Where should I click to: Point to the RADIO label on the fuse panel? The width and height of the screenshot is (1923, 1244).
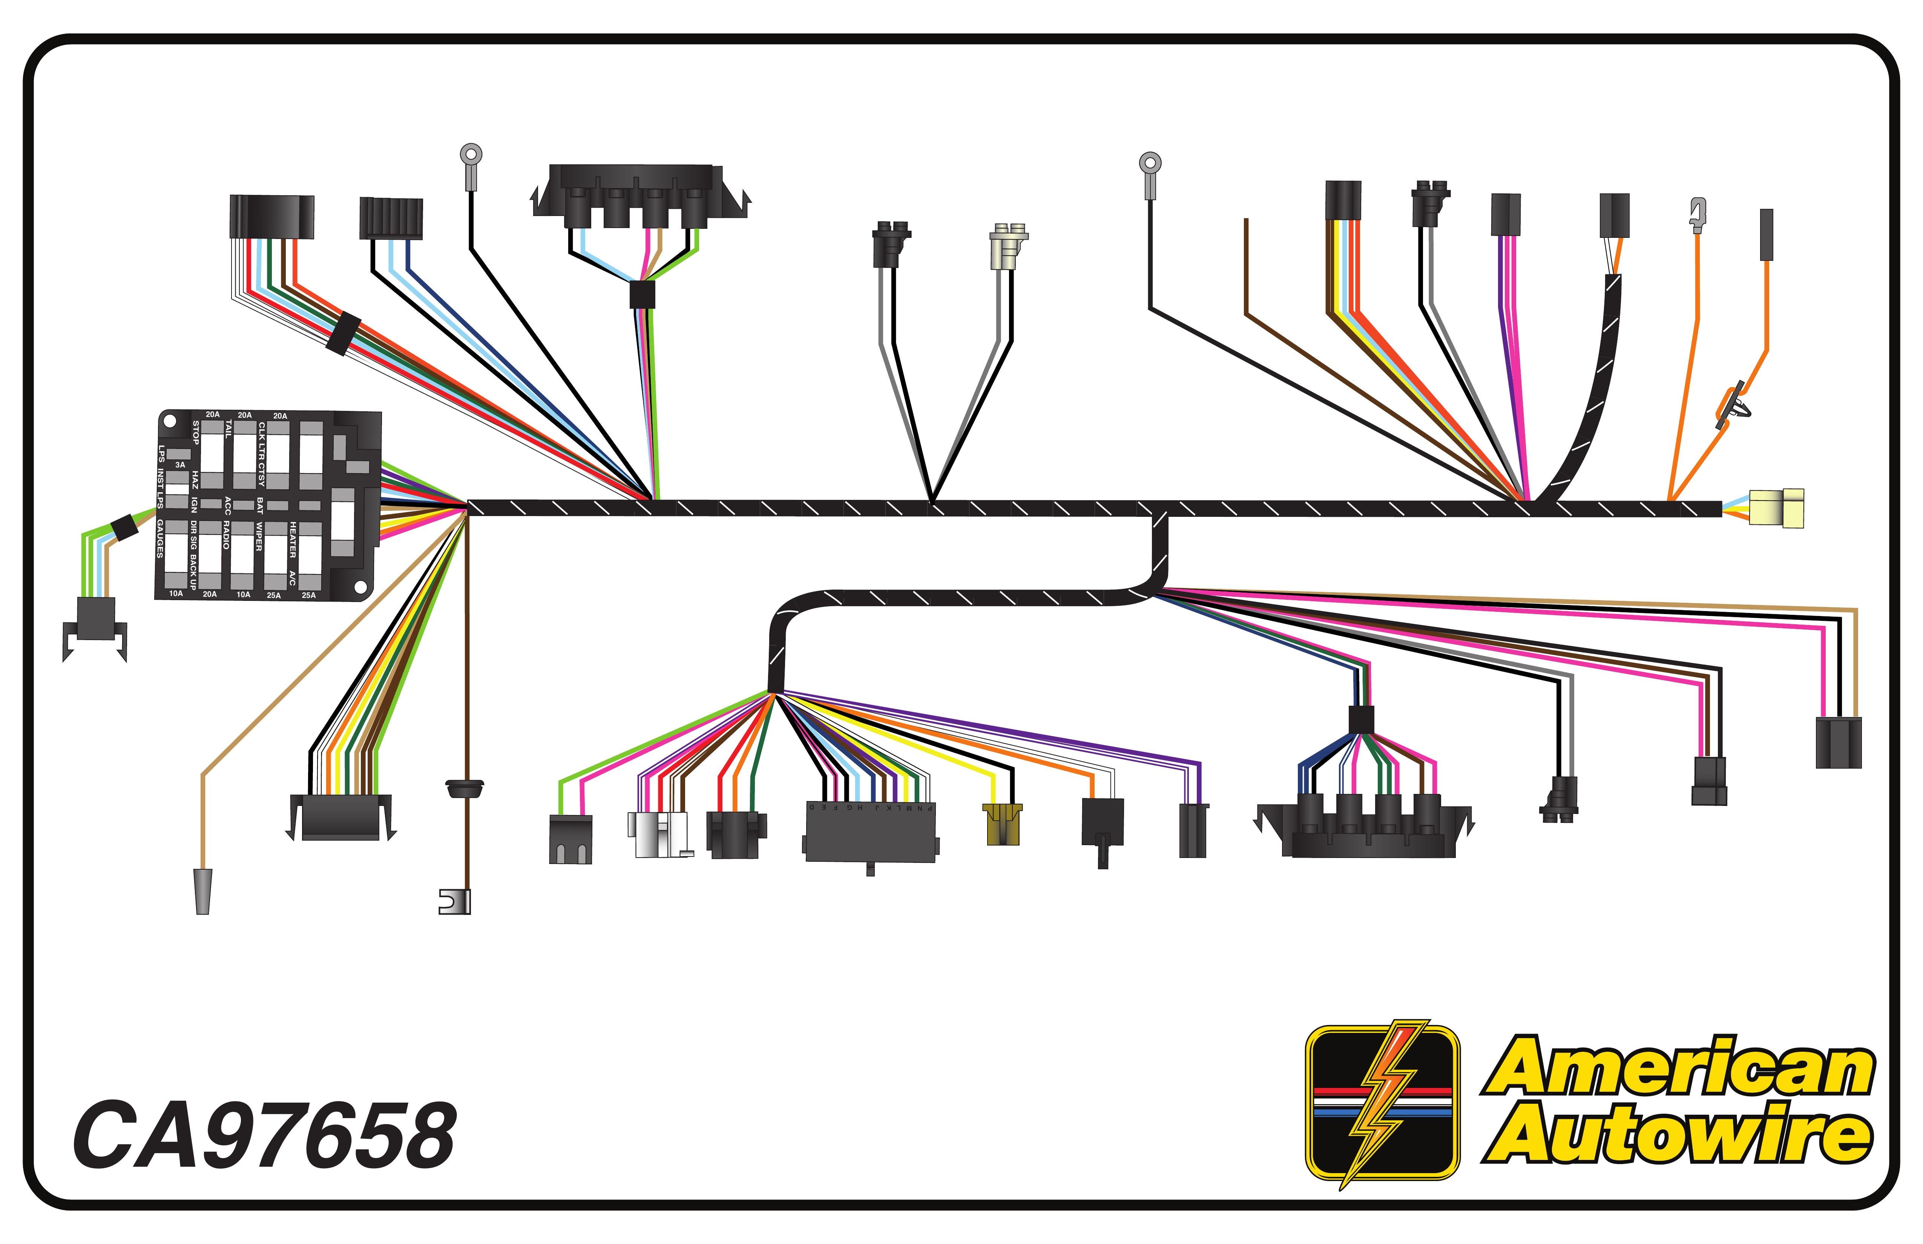[x=226, y=535]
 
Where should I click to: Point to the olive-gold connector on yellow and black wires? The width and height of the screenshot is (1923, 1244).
[x=1002, y=824]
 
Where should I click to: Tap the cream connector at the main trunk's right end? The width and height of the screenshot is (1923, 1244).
[x=1777, y=508]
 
